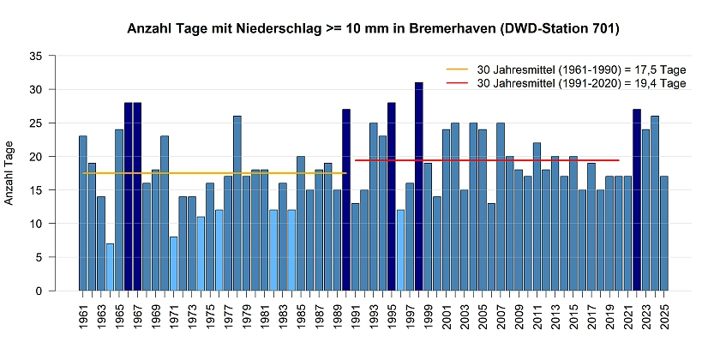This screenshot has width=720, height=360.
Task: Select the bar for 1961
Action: point(83,213)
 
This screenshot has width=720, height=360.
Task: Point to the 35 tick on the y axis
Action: point(36,56)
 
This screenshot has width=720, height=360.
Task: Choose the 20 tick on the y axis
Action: point(36,156)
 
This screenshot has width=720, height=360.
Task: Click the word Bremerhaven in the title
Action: point(458,29)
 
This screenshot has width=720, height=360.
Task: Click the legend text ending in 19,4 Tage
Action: point(582,83)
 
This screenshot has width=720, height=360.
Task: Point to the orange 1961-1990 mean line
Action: point(214,173)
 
